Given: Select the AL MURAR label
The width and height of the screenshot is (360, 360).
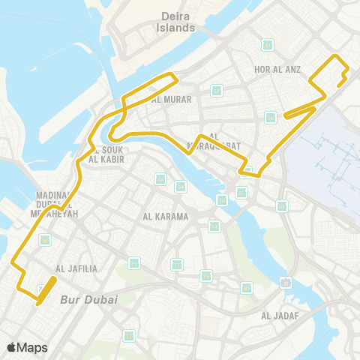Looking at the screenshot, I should coord(171,99).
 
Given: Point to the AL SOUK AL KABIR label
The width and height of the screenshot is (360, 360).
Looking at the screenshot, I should coord(106,154).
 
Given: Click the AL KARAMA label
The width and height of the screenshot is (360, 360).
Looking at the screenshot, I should coord(166,217).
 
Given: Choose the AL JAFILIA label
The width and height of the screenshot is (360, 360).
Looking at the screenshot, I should coord(76,268).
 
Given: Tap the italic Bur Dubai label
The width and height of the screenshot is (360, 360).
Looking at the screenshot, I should coord(88,299).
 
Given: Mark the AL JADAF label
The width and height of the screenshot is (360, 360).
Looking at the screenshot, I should coord(280,316).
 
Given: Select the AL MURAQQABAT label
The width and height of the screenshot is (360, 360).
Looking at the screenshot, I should coord(213,142).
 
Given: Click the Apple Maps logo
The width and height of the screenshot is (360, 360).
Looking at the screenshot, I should coord(27,347).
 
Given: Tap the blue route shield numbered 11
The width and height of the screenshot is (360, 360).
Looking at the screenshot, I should coord(286,282).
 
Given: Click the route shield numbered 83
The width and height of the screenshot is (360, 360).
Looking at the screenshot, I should coord(281,205).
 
